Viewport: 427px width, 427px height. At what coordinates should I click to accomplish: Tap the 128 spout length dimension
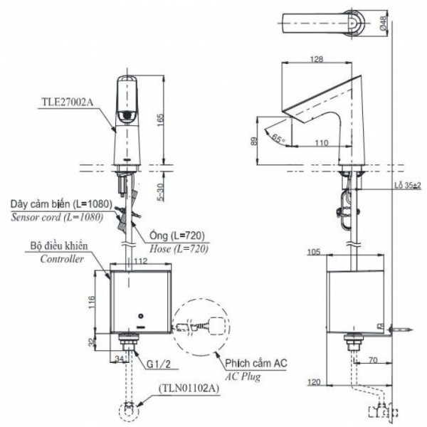[x=317, y=60]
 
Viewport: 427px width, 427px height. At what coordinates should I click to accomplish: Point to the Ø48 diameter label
[x=402, y=23]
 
